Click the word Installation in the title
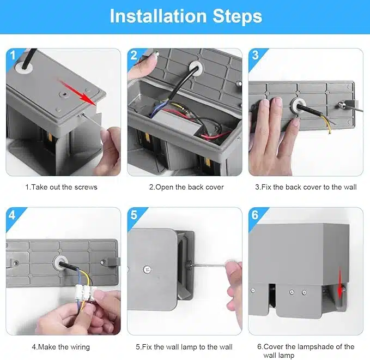pyautogui.click(x=159, y=16)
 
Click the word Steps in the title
pyautogui.click(x=237, y=16)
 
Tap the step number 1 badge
pyautogui.click(x=13, y=56)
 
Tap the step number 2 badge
pyautogui.click(x=134, y=56)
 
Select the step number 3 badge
pyautogui.click(x=256, y=56)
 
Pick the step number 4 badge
pyautogui.click(x=12, y=215)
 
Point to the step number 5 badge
pyautogui.click(x=134, y=215)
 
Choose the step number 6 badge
pyautogui.click(x=255, y=215)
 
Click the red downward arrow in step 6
pyautogui.click(x=340, y=284)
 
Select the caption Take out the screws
pyautogui.click(x=62, y=187)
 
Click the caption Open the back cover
pyautogui.click(x=186, y=187)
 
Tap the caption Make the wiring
pyautogui.click(x=61, y=347)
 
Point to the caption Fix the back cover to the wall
pyautogui.click(x=306, y=187)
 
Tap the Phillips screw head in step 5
pyautogui.click(x=148, y=269)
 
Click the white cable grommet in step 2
pyautogui.click(x=196, y=68)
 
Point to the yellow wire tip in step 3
pyautogui.click(x=330, y=133)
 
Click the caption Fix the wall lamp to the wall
pyautogui.click(x=184, y=347)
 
